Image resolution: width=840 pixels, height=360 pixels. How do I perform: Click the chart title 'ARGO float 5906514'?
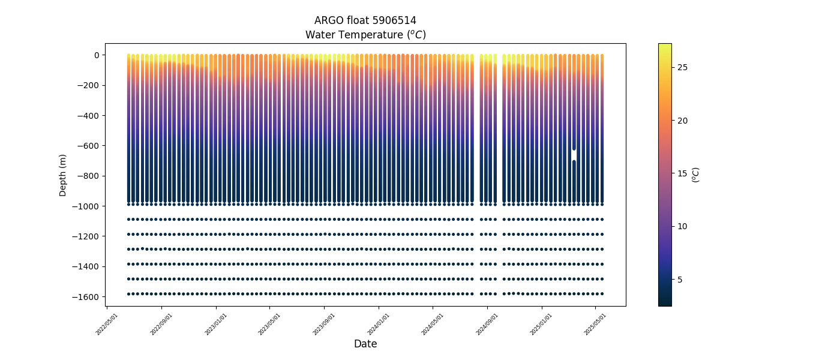(x=365, y=20)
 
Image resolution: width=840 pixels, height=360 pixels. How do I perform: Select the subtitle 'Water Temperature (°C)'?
(x=365, y=35)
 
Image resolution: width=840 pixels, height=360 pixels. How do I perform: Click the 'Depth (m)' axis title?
(x=63, y=175)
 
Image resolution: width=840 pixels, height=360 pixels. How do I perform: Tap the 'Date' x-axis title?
(x=365, y=344)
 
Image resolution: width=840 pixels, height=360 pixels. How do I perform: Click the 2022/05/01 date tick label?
(x=107, y=324)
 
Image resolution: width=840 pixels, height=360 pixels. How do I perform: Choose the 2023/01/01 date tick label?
(x=216, y=324)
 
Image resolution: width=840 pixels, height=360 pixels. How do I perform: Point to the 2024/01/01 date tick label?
(x=379, y=324)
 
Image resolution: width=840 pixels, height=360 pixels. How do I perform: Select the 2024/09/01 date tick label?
(x=487, y=324)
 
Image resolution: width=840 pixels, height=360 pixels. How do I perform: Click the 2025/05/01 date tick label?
(x=595, y=324)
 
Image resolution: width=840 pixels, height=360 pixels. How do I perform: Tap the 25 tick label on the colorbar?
(x=682, y=67)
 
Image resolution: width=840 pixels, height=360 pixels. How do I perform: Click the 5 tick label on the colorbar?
(x=680, y=280)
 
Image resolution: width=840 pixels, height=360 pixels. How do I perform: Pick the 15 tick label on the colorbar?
(x=682, y=173)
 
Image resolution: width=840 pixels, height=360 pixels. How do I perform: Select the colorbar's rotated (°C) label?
(x=696, y=175)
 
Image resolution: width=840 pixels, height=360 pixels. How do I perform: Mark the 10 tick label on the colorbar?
(x=682, y=226)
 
